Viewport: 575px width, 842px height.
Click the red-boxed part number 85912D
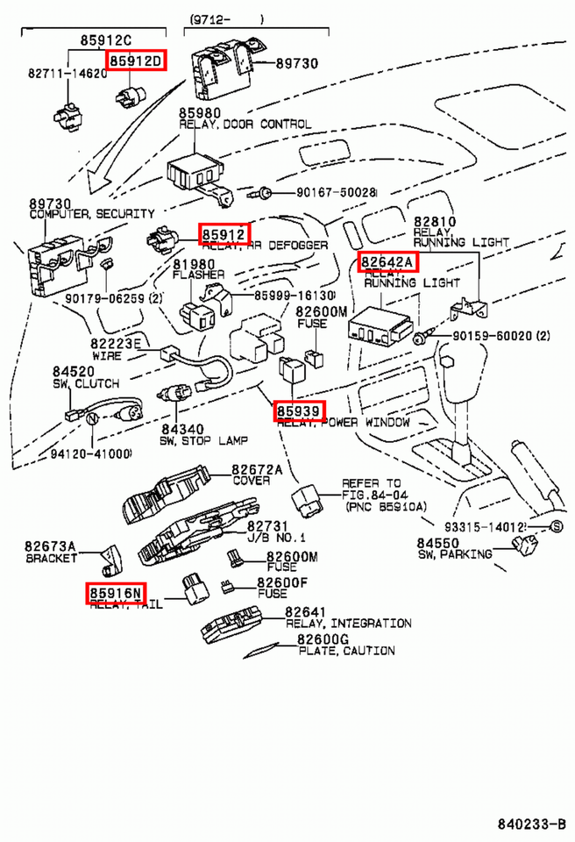[x=135, y=61]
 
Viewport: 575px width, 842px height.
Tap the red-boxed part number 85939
[x=299, y=410]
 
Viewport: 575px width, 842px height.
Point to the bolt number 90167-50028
[x=323, y=191]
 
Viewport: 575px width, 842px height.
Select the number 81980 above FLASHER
[x=193, y=264]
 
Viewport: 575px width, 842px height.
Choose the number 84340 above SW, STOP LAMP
[x=181, y=428]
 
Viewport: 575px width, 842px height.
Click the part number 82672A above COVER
[x=257, y=470]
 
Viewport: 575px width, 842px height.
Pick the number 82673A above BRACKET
[x=50, y=546]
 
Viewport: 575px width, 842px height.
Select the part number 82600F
[x=281, y=582]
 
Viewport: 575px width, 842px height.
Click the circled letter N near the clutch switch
[x=89, y=420]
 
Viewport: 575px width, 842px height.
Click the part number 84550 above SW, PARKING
[x=437, y=543]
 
